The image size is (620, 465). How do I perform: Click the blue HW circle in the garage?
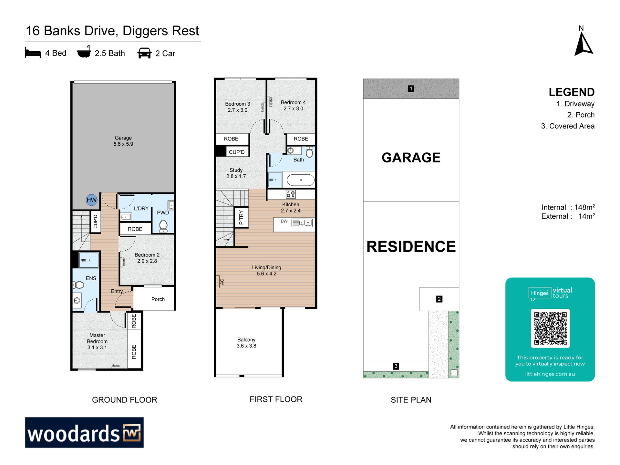[x=92, y=200]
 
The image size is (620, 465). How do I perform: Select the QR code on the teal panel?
[x=550, y=328]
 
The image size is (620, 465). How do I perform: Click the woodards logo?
[x=84, y=432]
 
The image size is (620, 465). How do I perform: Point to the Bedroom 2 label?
[x=147, y=258]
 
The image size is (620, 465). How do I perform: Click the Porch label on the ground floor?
[x=158, y=299]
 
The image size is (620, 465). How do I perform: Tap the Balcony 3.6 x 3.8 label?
[x=246, y=343]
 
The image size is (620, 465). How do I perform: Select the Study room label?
[x=236, y=173]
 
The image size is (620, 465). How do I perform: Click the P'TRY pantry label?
[x=241, y=217]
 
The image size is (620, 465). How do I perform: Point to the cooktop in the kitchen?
[x=291, y=194]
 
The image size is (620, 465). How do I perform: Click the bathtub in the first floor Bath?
[x=301, y=180]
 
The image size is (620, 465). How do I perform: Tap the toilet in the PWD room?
[x=163, y=226]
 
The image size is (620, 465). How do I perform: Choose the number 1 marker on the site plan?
[x=411, y=88]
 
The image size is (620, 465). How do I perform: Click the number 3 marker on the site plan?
[x=396, y=366]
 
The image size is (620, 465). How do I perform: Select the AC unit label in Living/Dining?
[x=222, y=282]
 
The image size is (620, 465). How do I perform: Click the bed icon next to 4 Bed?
[x=33, y=53]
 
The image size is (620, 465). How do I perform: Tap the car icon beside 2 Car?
[x=144, y=53]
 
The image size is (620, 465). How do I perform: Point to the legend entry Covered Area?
[x=568, y=126]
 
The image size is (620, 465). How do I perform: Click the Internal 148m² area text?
[x=568, y=207]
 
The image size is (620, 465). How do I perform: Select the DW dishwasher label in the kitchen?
[x=284, y=221]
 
